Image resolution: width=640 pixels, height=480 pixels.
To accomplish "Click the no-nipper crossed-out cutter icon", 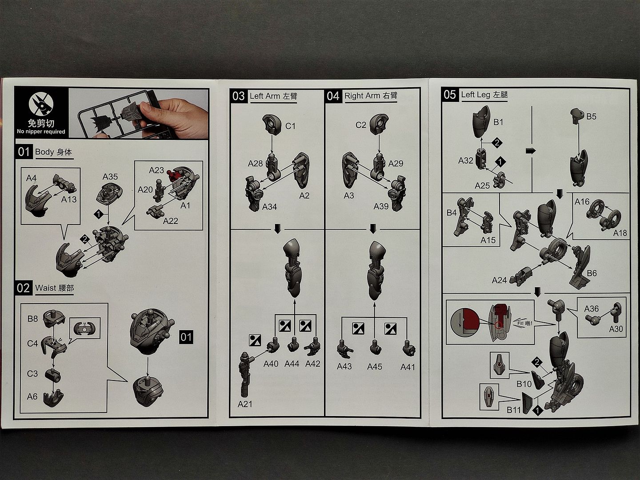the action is tap(41, 104).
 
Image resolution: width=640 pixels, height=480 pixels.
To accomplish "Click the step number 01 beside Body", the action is tap(24, 152).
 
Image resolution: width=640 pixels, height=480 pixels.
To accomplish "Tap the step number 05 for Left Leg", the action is tap(450, 94).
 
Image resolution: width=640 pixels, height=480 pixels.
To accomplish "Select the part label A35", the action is tap(110, 176).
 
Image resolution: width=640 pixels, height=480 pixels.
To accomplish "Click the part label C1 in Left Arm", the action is tap(290, 126).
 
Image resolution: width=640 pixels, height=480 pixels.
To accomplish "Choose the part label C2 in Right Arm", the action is tap(361, 125).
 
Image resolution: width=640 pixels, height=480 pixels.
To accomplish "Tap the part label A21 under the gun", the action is tap(245, 404).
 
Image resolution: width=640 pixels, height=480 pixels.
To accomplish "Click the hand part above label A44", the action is tap(293, 345).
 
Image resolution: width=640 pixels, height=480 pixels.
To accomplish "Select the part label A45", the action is tap(375, 366).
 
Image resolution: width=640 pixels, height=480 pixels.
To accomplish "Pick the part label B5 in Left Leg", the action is tap(591, 116).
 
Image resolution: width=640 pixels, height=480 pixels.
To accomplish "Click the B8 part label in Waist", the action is tap(32, 319).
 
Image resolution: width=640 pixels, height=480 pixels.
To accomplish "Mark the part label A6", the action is tap(32, 396).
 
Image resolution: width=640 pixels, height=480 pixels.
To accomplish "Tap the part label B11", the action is tap(514, 410).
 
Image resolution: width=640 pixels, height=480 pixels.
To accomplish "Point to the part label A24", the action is tap(500, 280).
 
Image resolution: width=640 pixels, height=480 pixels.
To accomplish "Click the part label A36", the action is tap(591, 308).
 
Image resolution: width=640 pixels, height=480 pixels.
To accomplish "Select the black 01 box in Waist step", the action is tap(186, 337).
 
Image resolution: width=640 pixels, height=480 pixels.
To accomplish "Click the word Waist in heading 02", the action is tap(46, 288).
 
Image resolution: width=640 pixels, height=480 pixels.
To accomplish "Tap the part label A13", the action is tap(69, 200).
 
